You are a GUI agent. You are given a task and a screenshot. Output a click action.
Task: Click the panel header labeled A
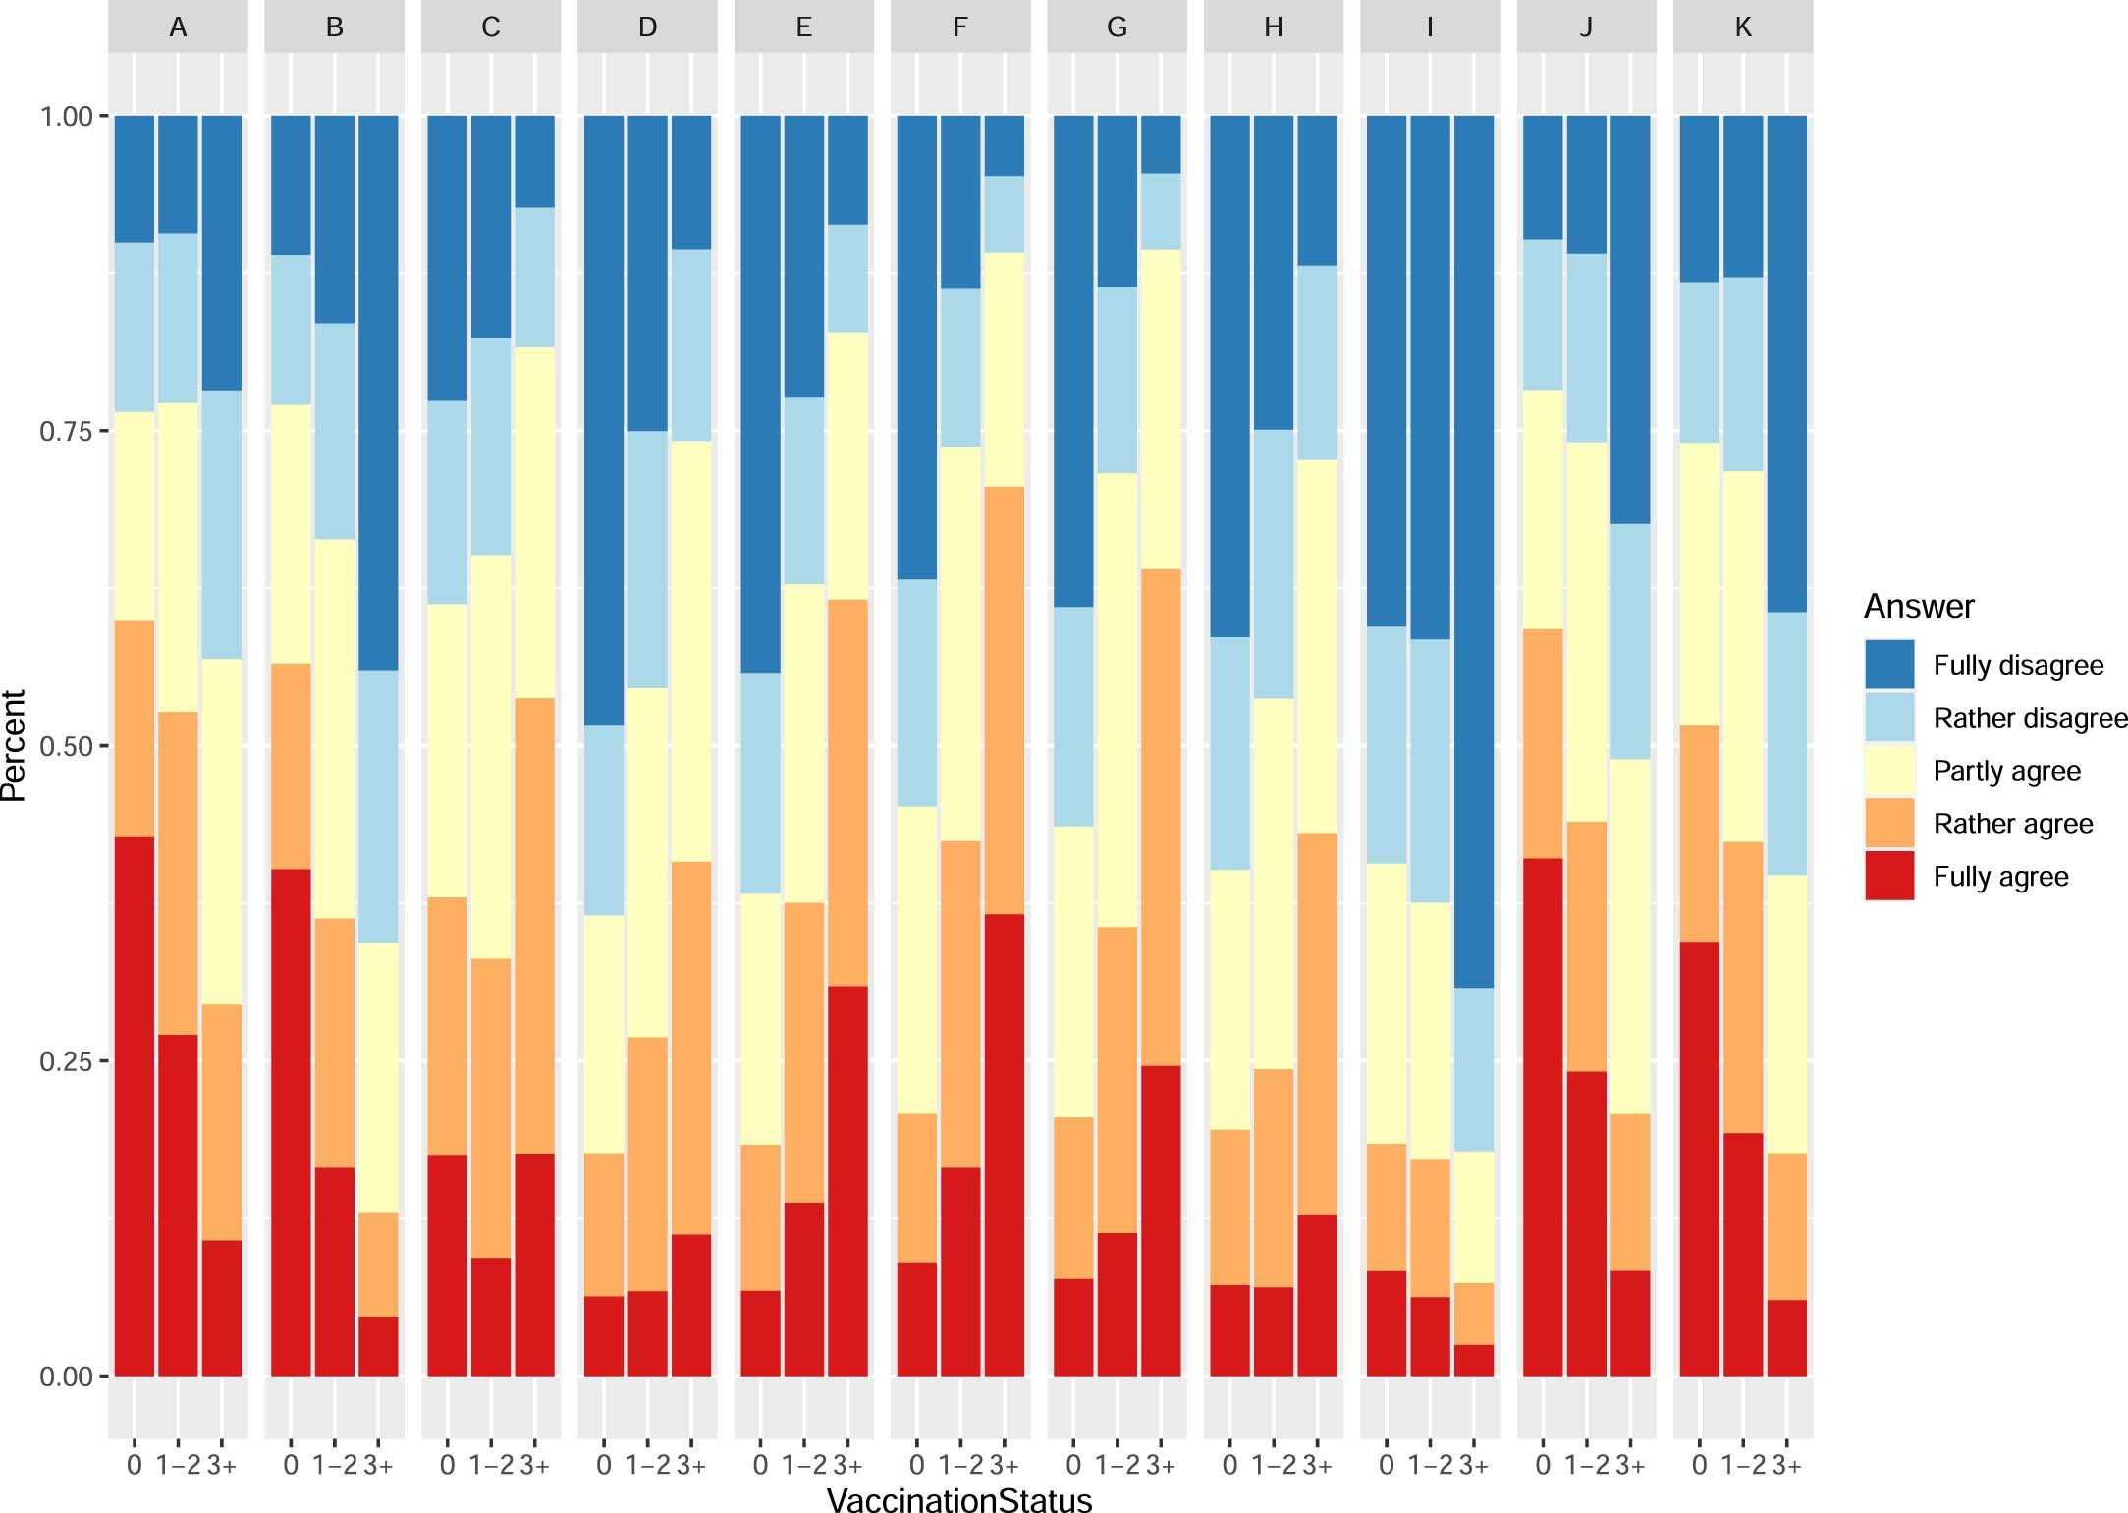[178, 27]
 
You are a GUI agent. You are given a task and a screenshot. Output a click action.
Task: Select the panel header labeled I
[1429, 27]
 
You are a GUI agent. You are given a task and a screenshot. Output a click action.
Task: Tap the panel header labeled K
[1742, 27]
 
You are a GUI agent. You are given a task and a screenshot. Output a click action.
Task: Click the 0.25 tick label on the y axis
[66, 1061]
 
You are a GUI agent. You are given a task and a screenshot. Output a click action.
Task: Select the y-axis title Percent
[14, 746]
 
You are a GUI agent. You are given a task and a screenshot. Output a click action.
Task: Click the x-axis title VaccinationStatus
[959, 1500]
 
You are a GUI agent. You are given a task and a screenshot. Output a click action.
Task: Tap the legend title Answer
[1918, 607]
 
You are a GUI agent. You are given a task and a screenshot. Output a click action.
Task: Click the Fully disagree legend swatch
[1889, 665]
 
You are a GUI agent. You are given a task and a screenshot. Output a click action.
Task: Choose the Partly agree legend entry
[2005, 771]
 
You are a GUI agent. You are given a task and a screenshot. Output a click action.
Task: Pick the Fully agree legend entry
[1999, 877]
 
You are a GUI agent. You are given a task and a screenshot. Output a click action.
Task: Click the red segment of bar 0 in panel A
[135, 1105]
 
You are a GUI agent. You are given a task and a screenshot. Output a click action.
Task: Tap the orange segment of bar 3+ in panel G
[1161, 817]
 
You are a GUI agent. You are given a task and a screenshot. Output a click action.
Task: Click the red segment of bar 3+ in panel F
[1004, 1144]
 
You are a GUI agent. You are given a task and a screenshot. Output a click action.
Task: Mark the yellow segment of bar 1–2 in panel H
[1273, 884]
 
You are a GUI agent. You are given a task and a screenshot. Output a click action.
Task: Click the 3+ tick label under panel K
[1786, 1466]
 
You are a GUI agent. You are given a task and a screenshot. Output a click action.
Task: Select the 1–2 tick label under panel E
[803, 1466]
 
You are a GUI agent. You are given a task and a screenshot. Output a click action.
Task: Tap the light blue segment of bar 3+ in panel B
[378, 806]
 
